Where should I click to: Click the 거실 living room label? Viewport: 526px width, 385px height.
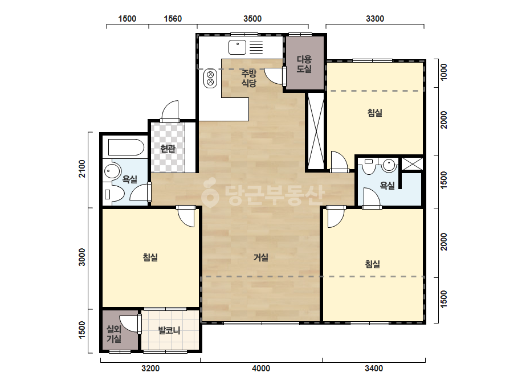coord(260,257)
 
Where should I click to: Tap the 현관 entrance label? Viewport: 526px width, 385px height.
coord(168,148)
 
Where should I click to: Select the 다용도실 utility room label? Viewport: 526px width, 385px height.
coord(304,64)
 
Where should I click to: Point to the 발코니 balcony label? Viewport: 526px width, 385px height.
coord(169,330)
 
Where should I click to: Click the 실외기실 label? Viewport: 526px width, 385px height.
coord(114,334)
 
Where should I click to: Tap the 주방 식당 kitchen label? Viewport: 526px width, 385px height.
coord(249,78)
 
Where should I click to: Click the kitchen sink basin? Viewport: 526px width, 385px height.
coord(237,47)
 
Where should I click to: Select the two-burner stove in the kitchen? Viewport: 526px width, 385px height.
coord(210,78)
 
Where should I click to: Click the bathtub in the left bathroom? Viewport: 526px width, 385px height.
coord(126,148)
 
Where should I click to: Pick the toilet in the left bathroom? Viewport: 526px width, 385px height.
coord(114,194)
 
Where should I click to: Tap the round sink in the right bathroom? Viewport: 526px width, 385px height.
coord(389,165)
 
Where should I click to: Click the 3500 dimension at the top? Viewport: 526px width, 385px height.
coord(252,19)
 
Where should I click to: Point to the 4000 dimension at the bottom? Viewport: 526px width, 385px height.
coord(260,368)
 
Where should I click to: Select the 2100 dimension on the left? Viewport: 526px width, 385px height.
coord(82,169)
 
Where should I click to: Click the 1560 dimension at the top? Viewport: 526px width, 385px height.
coord(173,19)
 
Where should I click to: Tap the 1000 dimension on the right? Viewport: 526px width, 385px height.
coord(443,72)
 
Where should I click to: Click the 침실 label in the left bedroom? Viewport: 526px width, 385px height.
coord(150,257)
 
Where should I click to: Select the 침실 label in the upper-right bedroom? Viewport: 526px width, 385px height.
coord(375,113)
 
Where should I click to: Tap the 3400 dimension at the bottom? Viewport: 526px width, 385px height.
coord(374,368)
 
